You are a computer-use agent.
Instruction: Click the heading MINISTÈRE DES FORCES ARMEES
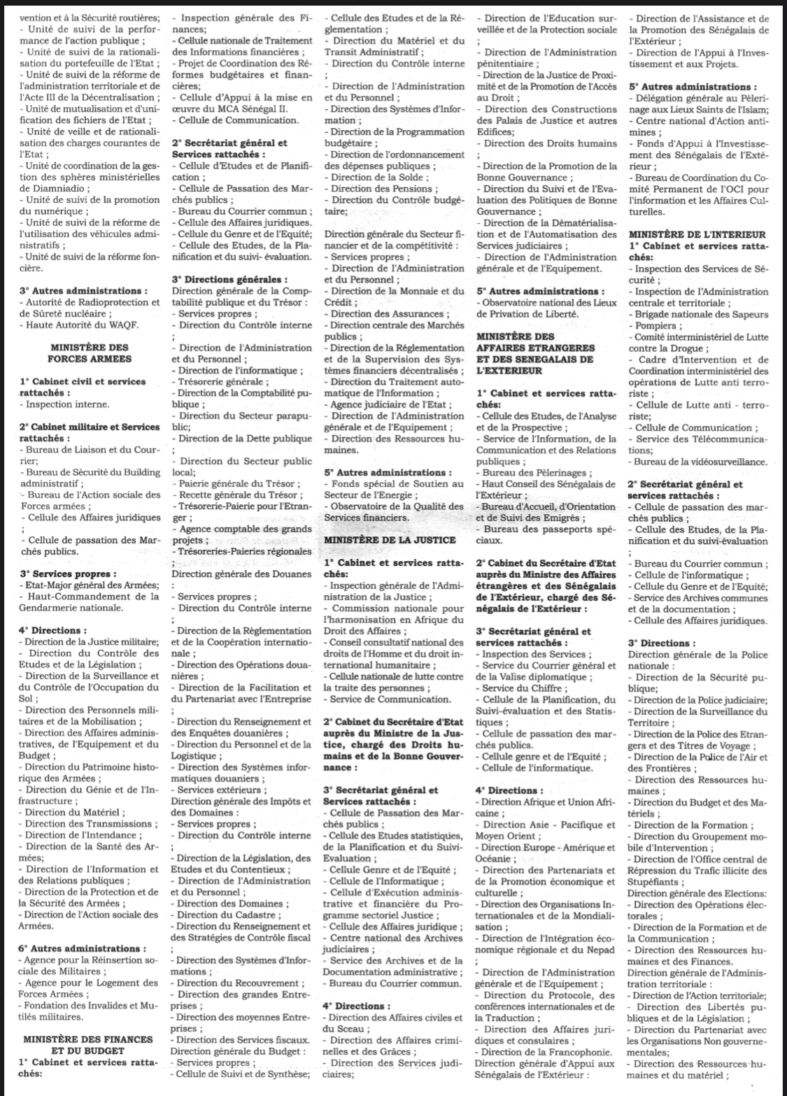89,353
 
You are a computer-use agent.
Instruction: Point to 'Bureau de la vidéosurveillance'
700,462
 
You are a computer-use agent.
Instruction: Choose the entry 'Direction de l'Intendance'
83,834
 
